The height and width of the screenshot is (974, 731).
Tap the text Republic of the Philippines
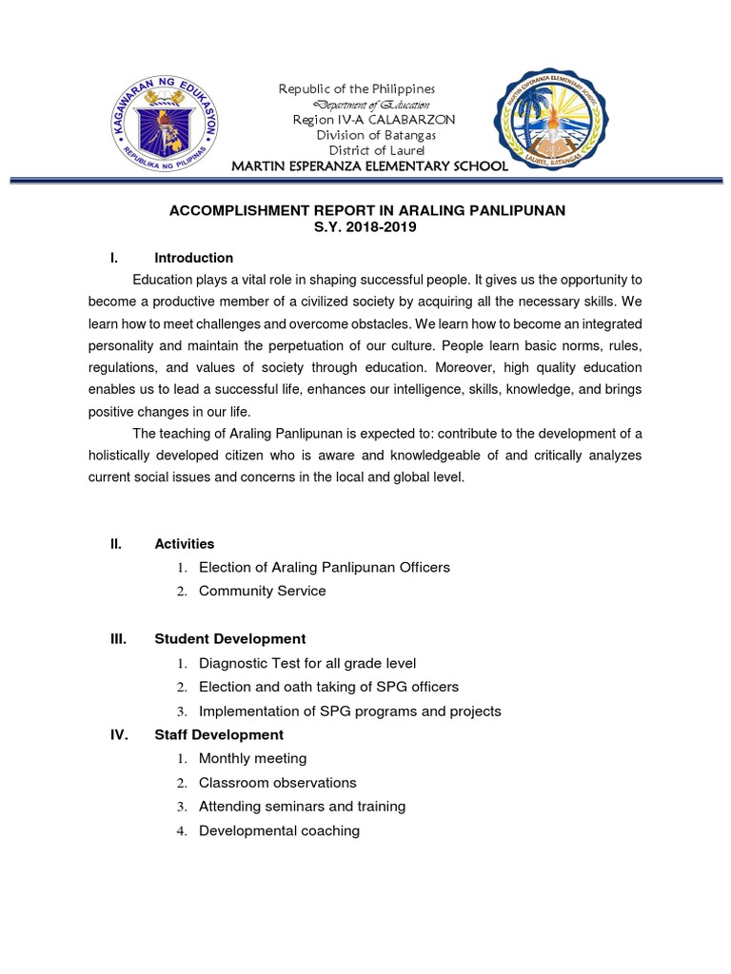tap(356, 88)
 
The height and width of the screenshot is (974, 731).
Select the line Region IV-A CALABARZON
tap(360, 119)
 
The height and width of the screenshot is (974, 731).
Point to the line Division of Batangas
tap(362, 134)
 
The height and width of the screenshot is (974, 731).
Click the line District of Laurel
tap(362, 149)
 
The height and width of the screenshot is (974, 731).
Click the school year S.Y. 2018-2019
tap(366, 227)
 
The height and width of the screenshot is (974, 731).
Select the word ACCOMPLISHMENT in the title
tap(236, 210)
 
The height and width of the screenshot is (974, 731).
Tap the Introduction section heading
tap(193, 258)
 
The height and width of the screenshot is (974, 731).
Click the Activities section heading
tap(184, 544)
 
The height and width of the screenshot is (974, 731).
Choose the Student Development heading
tap(229, 639)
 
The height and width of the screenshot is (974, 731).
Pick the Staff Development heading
tap(218, 734)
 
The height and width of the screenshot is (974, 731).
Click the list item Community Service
tap(262, 591)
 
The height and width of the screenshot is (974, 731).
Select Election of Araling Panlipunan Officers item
tap(324, 567)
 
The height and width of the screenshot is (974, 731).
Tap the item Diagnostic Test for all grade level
tap(307, 663)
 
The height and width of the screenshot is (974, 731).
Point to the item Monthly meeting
tap(252, 758)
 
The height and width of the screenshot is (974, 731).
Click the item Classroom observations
tap(277, 782)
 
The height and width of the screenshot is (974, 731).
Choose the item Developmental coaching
tap(279, 830)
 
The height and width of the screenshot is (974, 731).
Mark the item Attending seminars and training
tap(302, 806)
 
